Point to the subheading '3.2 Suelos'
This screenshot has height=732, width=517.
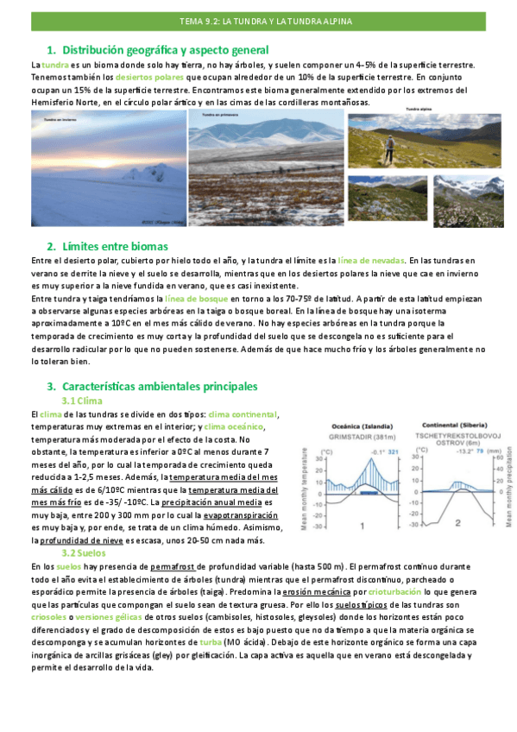pos(84,552)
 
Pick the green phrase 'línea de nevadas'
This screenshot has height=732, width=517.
pos(369,260)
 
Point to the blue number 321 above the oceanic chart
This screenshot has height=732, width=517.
pos(393,451)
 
